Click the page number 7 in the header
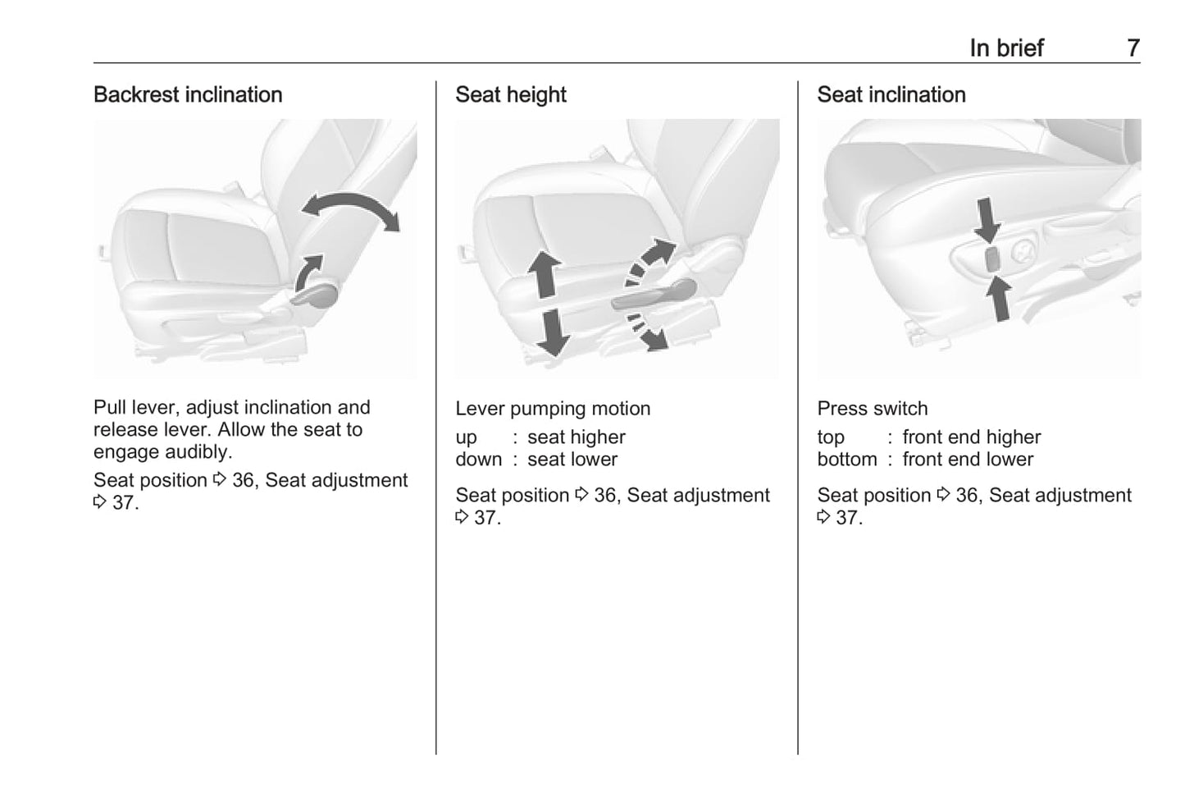[1133, 48]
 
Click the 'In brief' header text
[1006, 48]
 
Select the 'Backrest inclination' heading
[188, 94]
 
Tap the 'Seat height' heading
[511, 95]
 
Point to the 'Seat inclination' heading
[891, 94]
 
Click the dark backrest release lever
[314, 296]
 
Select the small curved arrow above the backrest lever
[308, 272]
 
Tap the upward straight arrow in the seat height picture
[544, 274]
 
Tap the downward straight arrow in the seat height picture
[553, 332]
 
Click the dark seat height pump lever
[654, 295]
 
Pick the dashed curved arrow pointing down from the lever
[647, 332]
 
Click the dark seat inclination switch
[992, 259]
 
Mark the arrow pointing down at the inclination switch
[987, 220]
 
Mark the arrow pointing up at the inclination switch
[999, 299]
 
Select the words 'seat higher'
[577, 437]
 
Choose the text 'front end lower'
[968, 459]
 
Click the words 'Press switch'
[873, 408]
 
